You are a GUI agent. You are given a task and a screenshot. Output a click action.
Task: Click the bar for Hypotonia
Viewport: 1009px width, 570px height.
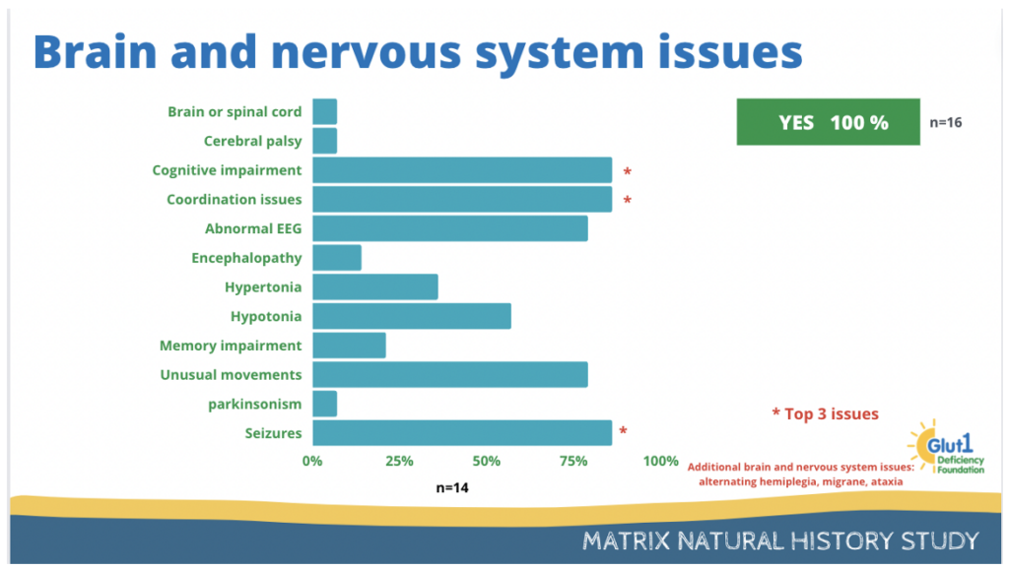(x=412, y=316)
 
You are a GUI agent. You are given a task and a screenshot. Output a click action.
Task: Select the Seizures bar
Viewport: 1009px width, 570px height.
(x=462, y=432)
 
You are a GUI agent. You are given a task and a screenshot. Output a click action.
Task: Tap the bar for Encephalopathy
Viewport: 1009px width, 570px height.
(x=337, y=258)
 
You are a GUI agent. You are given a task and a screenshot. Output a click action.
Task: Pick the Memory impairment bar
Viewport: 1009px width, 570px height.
(x=350, y=346)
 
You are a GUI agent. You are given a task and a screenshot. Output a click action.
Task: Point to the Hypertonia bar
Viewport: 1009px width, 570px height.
(x=375, y=286)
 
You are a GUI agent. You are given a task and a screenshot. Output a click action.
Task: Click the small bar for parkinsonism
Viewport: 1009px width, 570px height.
(x=325, y=404)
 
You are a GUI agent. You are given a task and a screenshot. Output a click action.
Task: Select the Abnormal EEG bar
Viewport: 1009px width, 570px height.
(x=449, y=228)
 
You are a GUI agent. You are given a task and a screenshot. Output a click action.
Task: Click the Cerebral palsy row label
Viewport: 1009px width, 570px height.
(x=252, y=142)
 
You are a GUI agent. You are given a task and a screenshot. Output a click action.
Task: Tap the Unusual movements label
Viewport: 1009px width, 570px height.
(x=231, y=375)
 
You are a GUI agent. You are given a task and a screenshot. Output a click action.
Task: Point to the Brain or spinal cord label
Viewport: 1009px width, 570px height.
(x=235, y=112)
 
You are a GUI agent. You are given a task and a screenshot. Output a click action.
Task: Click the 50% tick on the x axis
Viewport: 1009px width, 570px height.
(x=486, y=461)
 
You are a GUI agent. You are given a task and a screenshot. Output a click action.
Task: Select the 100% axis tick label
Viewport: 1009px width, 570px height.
(x=660, y=461)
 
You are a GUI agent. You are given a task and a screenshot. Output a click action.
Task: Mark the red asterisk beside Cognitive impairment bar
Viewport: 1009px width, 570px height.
(x=628, y=171)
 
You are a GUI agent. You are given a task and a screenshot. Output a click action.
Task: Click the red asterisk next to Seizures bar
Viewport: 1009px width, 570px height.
(x=623, y=430)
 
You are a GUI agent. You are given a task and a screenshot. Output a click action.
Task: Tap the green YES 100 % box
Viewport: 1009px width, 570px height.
(x=828, y=121)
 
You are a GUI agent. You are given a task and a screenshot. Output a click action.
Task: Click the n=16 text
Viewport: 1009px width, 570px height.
(x=945, y=122)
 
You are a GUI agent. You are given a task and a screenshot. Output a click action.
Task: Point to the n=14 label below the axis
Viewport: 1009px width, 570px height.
(x=451, y=487)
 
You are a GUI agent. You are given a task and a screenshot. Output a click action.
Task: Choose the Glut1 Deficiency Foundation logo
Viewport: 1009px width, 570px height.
(x=946, y=447)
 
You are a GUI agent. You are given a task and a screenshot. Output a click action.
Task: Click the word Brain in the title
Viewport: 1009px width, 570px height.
(x=96, y=51)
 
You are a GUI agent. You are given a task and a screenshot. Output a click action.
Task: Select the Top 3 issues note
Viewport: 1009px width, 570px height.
(x=825, y=413)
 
